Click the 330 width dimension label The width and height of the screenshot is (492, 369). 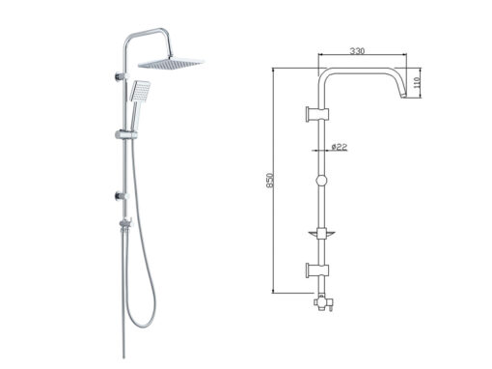point(357,51)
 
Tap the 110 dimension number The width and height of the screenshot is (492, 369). point(417,83)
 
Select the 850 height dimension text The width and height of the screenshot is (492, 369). point(270,181)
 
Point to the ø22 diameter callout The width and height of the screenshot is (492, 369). point(340,147)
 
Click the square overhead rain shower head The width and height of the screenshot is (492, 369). point(171,63)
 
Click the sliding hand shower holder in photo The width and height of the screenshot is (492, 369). point(126,134)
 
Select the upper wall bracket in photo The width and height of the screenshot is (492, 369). point(122,77)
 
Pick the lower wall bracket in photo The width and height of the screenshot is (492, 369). point(122,195)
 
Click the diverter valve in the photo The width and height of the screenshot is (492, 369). point(125,223)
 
